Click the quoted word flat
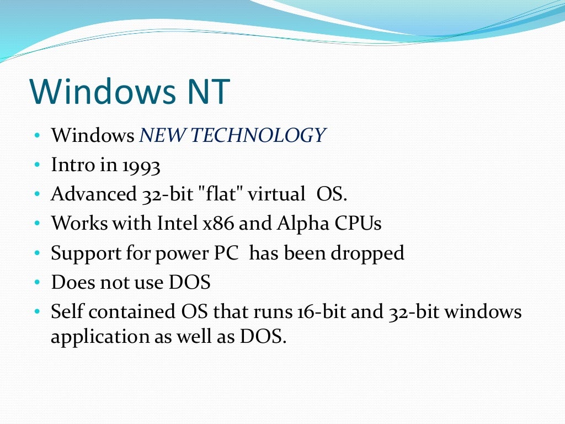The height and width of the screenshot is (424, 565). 221,194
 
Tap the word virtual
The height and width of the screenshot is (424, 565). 276,194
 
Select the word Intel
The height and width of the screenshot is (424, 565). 177,224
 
